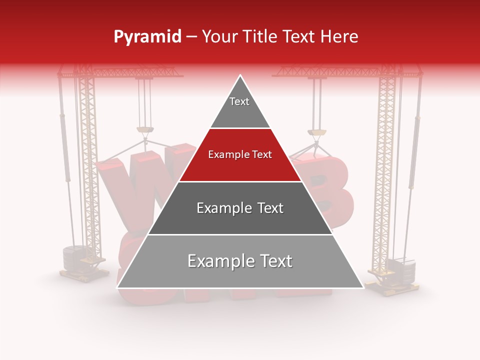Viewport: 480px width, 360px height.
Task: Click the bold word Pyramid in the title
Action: coord(147,37)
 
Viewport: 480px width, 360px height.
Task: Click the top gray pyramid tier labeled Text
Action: coord(240,107)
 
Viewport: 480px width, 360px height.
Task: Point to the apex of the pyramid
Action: coord(240,76)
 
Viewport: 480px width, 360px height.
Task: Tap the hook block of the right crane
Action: coord(316,132)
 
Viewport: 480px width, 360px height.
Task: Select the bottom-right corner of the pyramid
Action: coord(363,287)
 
